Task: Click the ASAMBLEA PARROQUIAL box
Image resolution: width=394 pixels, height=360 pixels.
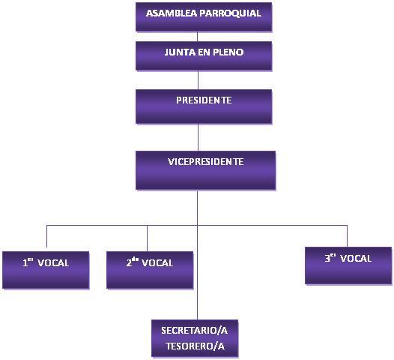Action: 204,16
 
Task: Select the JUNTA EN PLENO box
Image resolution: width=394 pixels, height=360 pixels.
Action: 204,55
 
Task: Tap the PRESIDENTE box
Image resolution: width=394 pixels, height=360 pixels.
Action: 204,106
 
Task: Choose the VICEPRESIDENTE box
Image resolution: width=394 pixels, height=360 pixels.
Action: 205,170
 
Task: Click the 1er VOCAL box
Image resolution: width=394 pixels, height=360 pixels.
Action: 46,270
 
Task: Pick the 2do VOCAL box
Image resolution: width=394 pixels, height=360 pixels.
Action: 150,270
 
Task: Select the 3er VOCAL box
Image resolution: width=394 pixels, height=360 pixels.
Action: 348,265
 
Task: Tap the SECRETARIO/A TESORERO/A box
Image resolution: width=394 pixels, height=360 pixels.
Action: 195,338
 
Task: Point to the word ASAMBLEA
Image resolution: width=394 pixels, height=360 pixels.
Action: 172,13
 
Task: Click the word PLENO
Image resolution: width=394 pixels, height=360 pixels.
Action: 228,52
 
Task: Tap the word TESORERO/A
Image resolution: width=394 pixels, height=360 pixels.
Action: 196,346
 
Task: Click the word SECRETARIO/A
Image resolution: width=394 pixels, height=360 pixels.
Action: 195,330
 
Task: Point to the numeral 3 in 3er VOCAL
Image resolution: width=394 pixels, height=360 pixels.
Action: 327,258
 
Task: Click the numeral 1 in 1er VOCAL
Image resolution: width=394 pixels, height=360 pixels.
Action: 25,263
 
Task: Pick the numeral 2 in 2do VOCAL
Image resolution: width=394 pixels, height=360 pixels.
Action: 129,263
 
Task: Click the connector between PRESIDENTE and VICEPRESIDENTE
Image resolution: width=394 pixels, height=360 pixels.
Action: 198,137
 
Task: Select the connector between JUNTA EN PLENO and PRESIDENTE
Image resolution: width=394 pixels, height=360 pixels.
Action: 198,80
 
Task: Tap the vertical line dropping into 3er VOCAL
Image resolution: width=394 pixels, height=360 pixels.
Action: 348,236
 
